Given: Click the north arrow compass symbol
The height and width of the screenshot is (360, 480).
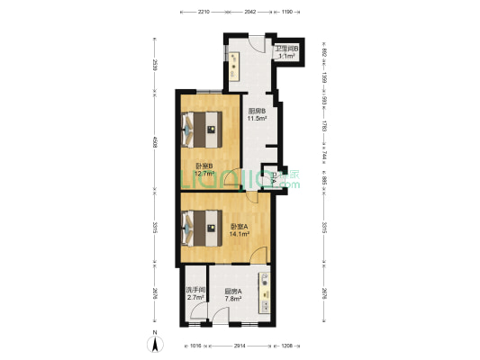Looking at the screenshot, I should coord(154,342).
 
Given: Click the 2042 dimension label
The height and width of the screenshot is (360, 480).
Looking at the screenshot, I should coord(249,13).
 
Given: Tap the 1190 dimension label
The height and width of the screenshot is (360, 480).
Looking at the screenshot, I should coord(287,13).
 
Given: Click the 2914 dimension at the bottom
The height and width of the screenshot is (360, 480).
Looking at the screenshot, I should coord(239,346).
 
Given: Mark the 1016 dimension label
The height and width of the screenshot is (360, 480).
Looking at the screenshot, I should coord(195,346).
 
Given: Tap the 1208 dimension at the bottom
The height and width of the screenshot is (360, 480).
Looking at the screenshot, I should coord(286,346).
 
